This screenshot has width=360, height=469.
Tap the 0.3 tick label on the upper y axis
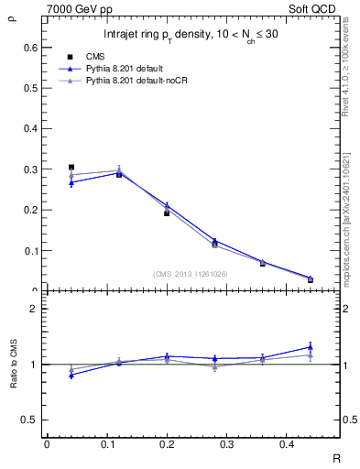[29, 169]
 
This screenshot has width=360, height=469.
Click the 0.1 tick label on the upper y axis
[29, 250]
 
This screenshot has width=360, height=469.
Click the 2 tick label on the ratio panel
[33, 309]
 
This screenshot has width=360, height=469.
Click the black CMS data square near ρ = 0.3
[71, 168]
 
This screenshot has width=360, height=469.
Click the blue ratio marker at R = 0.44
[311, 347]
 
